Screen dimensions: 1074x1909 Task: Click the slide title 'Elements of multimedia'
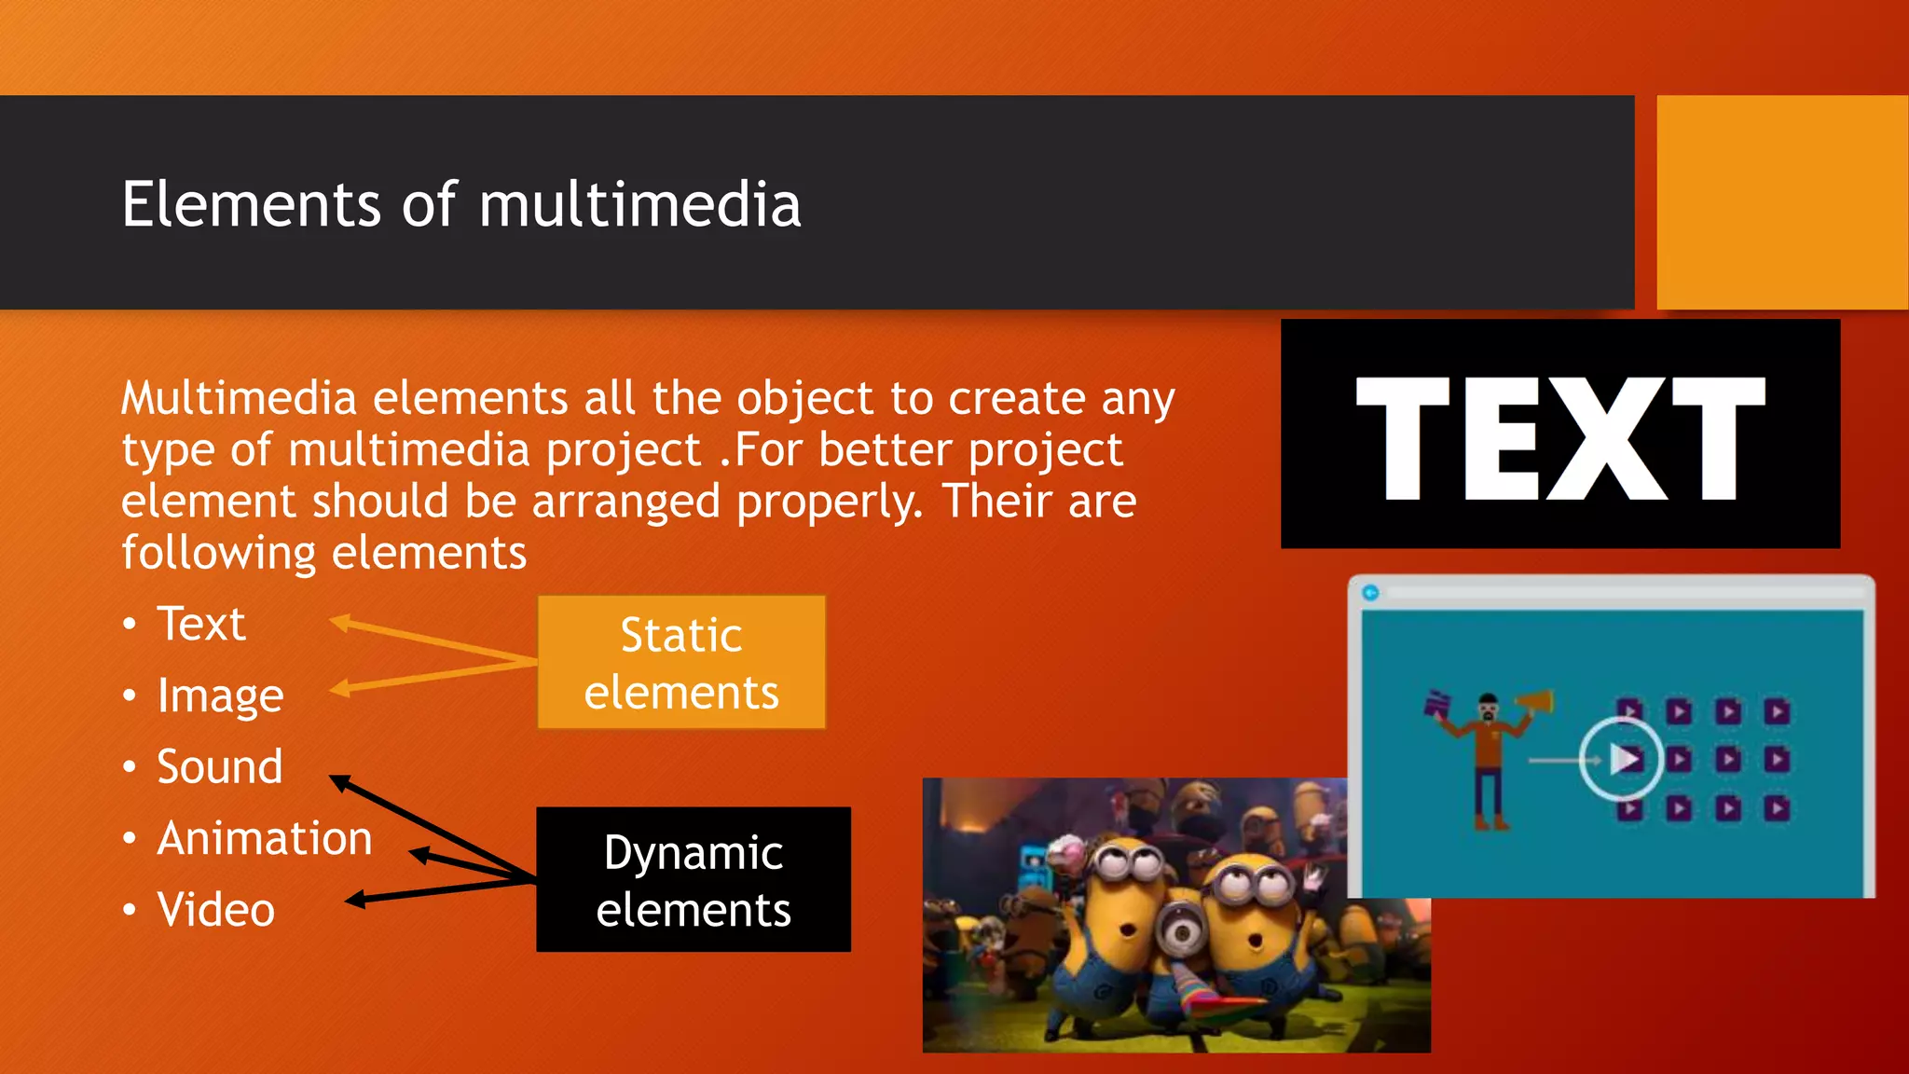[460, 204]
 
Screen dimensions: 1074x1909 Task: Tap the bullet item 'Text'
[200, 624]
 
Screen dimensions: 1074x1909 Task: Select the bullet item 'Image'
[220, 695]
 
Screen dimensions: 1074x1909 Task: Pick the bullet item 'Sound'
[219, 766]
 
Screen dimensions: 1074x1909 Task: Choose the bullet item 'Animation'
[264, 838]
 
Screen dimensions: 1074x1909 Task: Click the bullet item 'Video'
[215, 910]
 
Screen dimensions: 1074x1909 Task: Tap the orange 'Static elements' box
[681, 663]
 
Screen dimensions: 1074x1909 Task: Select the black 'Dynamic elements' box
[694, 880]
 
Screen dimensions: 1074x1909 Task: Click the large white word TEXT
[1560, 438]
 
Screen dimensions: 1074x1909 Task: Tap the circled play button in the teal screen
[1622, 759]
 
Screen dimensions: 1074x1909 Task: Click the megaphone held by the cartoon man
[1533, 701]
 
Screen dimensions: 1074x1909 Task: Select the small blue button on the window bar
[1370, 593]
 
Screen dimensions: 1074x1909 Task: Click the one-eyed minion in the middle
[1183, 932]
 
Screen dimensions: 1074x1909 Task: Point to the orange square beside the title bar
[1781, 202]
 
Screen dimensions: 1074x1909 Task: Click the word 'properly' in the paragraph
[828, 502]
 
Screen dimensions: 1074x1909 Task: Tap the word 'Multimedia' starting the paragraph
[240, 399]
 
